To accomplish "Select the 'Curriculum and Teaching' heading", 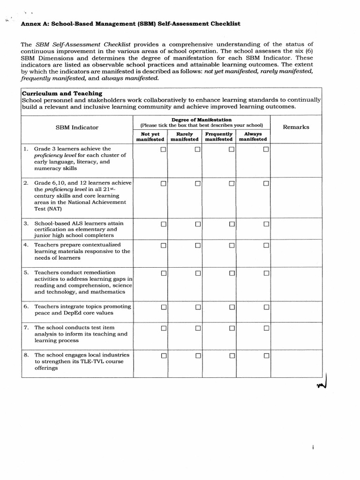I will click(61, 93).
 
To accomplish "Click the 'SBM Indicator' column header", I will click(77, 127).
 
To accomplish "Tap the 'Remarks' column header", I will click(296, 127).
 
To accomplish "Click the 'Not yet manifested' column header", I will click(150, 136).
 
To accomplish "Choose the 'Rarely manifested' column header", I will click(184, 136).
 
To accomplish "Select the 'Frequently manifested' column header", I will click(218, 136).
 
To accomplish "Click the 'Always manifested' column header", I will click(253, 136).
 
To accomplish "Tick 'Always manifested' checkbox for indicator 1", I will click(266, 150).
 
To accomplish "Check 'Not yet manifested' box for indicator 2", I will click(164, 184).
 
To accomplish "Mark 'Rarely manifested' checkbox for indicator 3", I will click(198, 224).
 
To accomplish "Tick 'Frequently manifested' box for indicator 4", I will click(232, 246).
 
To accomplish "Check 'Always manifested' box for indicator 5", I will click(266, 273).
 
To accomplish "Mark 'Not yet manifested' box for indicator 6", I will click(164, 307).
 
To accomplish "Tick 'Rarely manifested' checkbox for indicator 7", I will click(198, 328).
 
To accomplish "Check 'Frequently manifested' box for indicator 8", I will click(232, 356).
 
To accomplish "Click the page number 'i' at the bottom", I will click(312, 447).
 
